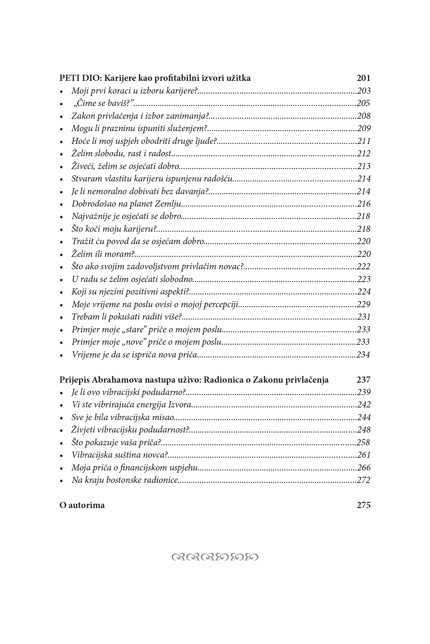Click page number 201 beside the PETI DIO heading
pyautogui.click(x=363, y=78)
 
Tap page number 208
pyautogui.click(x=364, y=116)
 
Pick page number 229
pyautogui.click(x=364, y=305)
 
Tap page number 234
pyautogui.click(x=363, y=355)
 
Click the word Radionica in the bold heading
pyautogui.click(x=222, y=380)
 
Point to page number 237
pyautogui.click(x=363, y=380)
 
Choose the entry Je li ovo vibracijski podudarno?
pyautogui.click(x=129, y=393)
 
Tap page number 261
pyautogui.click(x=364, y=455)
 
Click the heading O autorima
pyautogui.click(x=82, y=506)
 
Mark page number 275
pyautogui.click(x=363, y=506)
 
